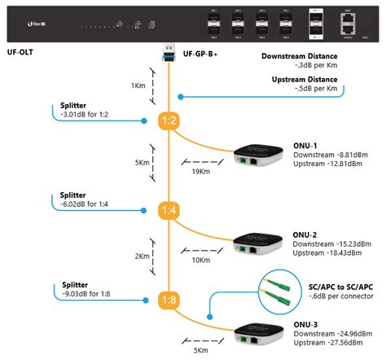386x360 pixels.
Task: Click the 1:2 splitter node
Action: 169,121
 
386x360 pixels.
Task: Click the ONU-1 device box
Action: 261,157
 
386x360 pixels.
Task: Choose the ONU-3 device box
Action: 261,336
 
